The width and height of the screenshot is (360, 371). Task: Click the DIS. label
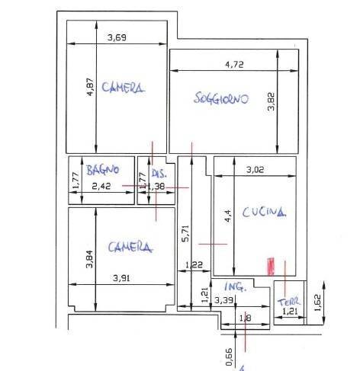point(159,173)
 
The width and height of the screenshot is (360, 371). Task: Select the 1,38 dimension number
point(156,185)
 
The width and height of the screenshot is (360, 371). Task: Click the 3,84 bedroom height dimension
point(89,259)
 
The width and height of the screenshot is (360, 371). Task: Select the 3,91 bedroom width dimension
point(120,278)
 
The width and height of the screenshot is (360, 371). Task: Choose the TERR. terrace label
point(291,300)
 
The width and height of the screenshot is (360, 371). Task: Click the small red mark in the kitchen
point(268,265)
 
